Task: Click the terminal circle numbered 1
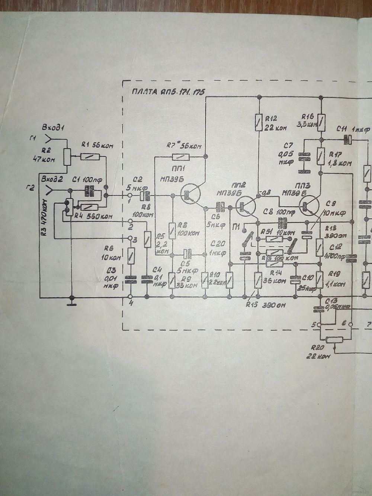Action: coord(130,195)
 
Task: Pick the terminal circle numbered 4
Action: coord(130,297)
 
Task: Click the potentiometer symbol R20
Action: coord(334,339)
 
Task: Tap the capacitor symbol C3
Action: coord(130,280)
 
